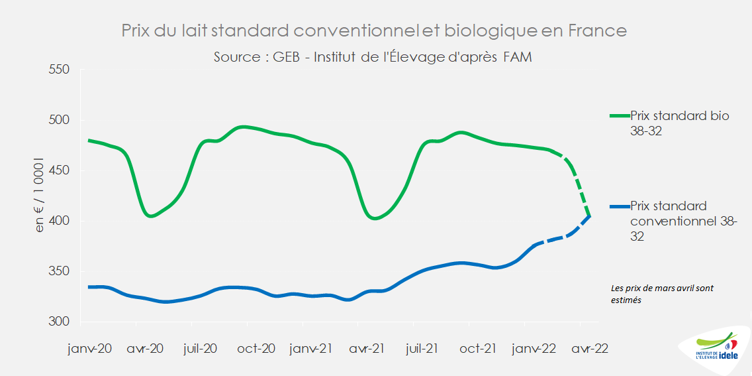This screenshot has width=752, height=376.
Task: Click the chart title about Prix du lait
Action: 374,31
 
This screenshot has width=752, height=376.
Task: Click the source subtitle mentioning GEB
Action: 373,57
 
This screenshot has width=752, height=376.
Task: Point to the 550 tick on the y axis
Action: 60,70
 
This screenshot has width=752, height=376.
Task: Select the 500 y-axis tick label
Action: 60,120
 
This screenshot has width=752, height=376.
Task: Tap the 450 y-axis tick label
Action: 60,170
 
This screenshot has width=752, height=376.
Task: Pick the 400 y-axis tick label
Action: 60,221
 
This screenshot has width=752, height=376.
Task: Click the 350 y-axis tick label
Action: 60,271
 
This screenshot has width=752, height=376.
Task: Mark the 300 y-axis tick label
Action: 60,322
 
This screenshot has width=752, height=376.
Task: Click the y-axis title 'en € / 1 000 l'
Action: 40,196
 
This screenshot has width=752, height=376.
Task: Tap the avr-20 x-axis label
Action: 145,349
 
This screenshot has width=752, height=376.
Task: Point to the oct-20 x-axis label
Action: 256,349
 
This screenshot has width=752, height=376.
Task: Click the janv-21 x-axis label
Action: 311,349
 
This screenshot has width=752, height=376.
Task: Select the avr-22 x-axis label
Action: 589,349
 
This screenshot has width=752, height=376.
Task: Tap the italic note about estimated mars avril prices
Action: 661,294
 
